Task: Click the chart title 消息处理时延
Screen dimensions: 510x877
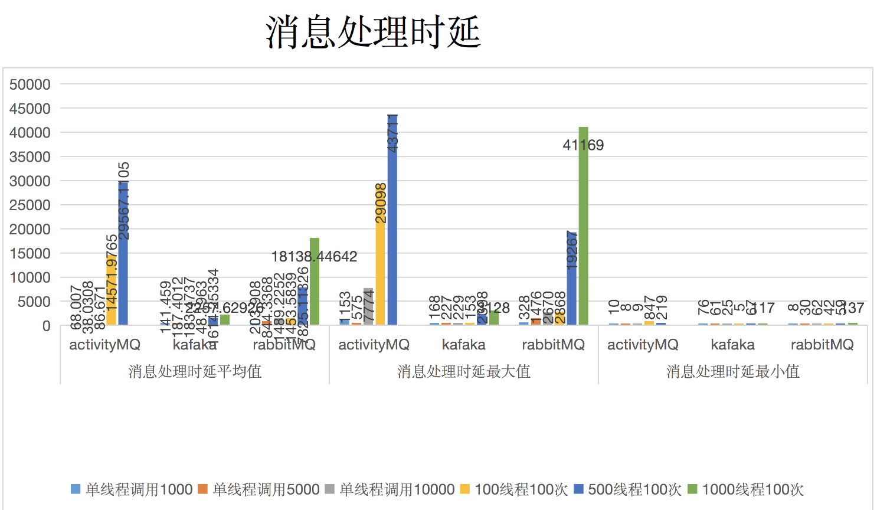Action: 373,32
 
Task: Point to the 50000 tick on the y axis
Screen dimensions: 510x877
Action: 30,84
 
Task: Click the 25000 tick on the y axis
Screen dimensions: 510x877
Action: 30,205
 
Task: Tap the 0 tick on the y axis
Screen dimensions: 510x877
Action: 46,326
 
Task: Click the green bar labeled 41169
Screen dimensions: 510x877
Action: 583,236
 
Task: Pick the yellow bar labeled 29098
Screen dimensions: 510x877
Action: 380,260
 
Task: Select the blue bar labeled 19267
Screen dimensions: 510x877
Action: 571,278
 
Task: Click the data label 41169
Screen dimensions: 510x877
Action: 583,145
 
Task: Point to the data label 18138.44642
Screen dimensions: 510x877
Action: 314,257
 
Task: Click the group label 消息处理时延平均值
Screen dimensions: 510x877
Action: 195,371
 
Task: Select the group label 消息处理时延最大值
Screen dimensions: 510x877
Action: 464,371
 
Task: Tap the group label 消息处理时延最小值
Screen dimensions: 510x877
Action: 733,371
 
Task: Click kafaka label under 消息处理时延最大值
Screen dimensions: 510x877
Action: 464,345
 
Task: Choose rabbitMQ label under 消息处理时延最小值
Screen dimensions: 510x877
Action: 822,345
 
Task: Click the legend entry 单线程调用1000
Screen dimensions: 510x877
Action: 132,489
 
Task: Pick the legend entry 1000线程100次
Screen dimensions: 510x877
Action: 746,489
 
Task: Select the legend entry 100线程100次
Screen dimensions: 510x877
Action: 514,489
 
